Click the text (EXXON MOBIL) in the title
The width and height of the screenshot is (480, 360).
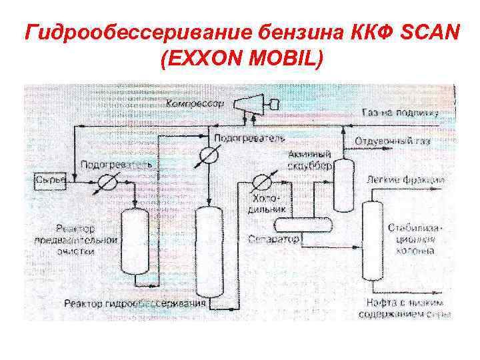[x=241, y=59]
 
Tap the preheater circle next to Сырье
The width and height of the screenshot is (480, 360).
[x=107, y=182]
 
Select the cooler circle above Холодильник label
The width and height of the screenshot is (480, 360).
[x=260, y=183]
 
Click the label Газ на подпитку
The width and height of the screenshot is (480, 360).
[x=400, y=113]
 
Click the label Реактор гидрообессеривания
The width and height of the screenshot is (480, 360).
[x=135, y=304]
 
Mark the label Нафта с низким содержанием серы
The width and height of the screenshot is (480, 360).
[x=409, y=308]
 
